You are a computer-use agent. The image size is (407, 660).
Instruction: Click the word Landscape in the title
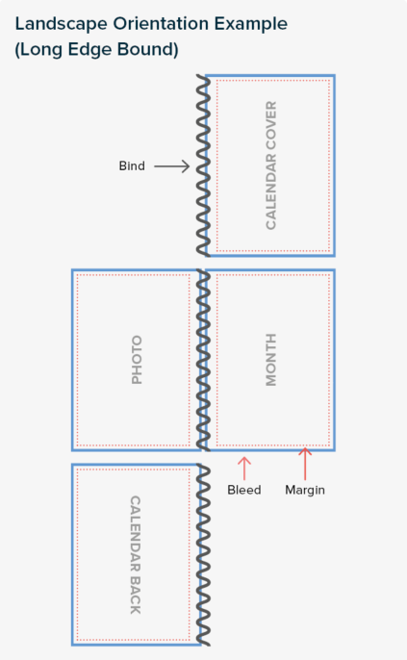coord(62,24)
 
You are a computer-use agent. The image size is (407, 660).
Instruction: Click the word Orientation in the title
coord(162,24)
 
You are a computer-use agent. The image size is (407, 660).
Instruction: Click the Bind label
coord(132,165)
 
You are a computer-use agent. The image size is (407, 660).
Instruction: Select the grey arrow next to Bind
coord(171,166)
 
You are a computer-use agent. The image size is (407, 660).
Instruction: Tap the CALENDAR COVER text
coord(271,165)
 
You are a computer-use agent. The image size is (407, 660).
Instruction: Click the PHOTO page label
coord(137,360)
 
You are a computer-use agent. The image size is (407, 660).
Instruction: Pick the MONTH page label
coord(271,360)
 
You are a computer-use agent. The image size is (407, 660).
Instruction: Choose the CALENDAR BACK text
coord(135,555)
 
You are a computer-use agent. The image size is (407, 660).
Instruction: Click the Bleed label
coord(244,490)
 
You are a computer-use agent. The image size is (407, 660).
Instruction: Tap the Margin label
coord(305,490)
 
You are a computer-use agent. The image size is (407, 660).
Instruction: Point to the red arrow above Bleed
coord(244,468)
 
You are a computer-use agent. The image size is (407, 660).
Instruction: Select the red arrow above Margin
coord(305,464)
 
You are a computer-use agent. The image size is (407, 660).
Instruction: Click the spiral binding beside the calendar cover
coord(203,165)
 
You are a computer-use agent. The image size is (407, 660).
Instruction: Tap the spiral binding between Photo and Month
coord(203,360)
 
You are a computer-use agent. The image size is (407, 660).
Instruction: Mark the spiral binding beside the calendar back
coord(203,555)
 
